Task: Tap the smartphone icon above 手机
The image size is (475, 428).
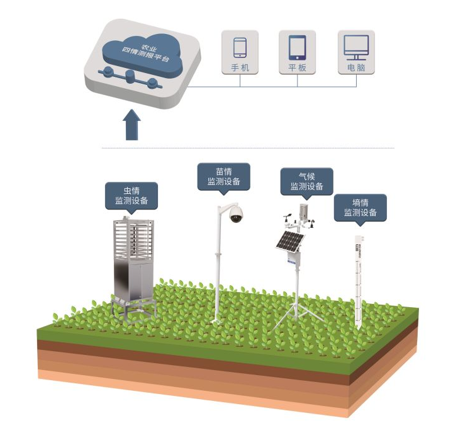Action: coord(240,47)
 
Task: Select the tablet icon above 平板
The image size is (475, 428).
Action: coord(297,48)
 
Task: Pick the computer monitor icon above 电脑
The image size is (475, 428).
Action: coord(356,48)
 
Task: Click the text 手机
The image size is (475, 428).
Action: coord(240,67)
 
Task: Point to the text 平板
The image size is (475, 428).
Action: coord(297,67)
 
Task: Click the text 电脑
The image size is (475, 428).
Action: coord(356,67)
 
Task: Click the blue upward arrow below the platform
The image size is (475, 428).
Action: coord(131,125)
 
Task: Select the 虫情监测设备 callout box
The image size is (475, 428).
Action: coord(131,196)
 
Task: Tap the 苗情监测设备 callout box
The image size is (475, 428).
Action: coord(224,177)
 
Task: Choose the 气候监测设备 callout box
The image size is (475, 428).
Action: coord(307,182)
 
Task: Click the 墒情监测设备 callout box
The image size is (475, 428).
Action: coord(360,208)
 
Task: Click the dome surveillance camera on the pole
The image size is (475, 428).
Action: coord(236,214)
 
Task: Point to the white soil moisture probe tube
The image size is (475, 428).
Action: coord(359,283)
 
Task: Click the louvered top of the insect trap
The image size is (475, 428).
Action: coord(133,239)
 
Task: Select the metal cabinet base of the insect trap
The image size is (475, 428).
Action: coord(133,280)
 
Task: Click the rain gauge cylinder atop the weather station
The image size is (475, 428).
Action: coord(303,211)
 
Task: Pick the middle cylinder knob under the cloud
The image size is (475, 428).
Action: coord(130,76)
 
